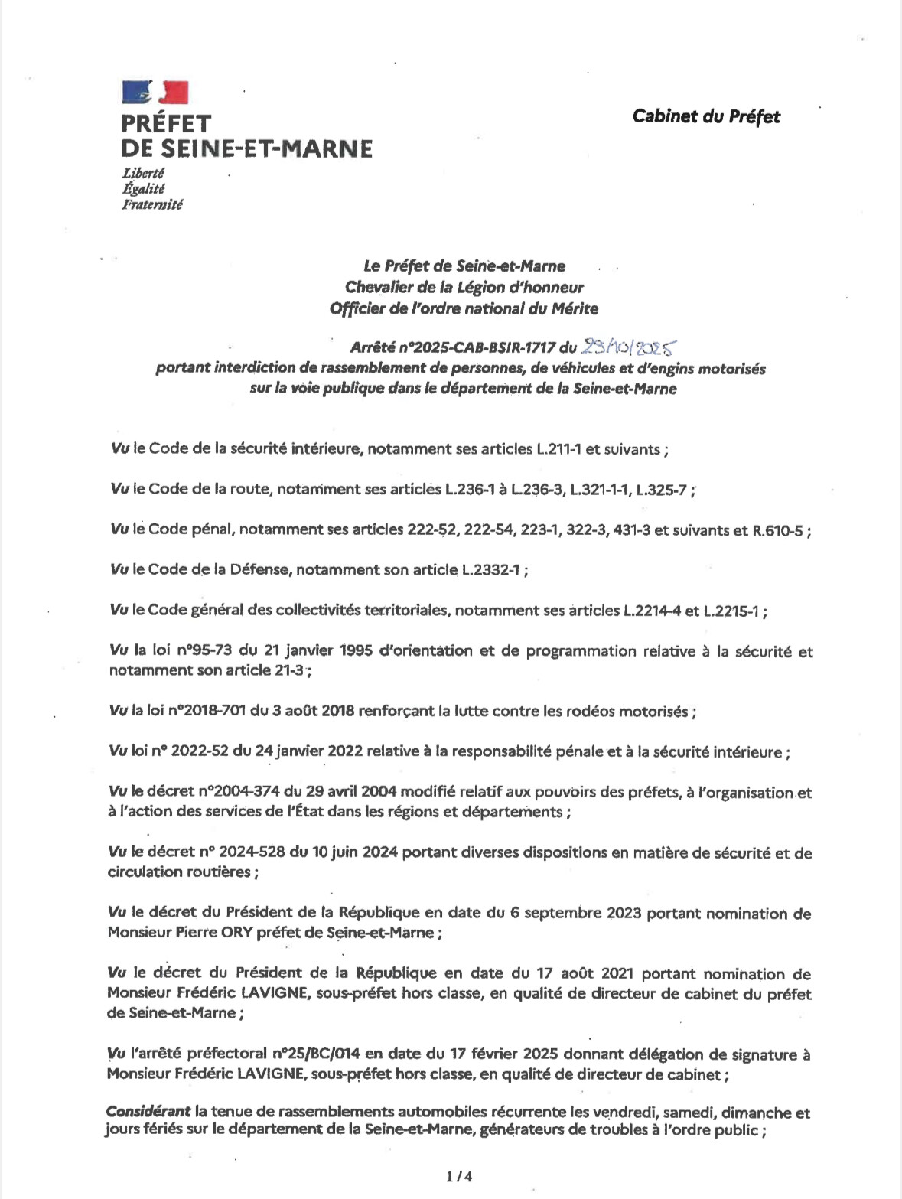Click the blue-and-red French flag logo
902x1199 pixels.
point(155,92)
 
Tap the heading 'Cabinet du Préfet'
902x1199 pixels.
point(706,116)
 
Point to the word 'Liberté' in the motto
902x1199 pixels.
point(143,173)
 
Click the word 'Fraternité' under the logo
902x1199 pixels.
point(152,204)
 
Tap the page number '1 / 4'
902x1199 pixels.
point(459,1176)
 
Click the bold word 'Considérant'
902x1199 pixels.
point(148,1113)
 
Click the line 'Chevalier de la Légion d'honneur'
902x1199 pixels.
point(464,288)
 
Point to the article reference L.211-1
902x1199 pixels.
point(558,449)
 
